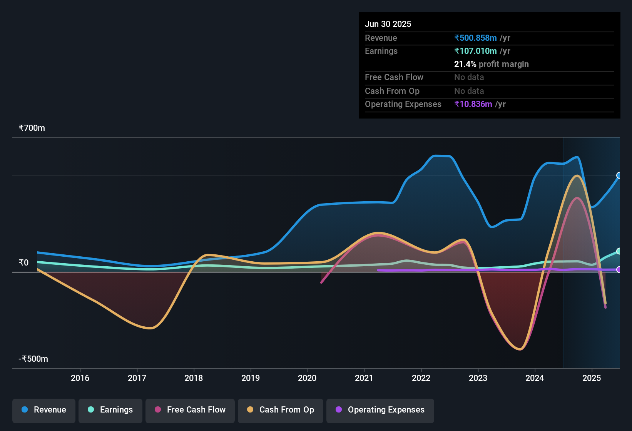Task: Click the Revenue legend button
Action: point(44,410)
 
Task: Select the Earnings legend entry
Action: point(110,410)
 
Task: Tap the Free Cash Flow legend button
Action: point(190,410)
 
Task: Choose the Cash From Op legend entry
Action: point(281,410)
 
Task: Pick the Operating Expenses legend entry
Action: point(380,410)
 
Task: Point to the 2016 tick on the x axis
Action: point(80,378)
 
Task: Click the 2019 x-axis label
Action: point(251,378)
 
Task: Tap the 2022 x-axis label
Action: point(421,378)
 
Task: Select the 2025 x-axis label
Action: point(592,378)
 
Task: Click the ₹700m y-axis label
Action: point(32,128)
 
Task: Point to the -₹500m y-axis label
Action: point(33,359)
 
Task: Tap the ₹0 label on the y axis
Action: point(24,262)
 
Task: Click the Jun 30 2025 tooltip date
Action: point(388,24)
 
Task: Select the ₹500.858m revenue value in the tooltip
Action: point(476,38)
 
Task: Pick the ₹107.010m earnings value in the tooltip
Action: point(476,51)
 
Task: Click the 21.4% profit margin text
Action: point(491,64)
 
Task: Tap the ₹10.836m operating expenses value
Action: point(473,104)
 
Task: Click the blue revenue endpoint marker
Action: point(619,175)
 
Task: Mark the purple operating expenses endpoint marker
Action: point(619,270)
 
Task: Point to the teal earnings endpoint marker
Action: point(619,251)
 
